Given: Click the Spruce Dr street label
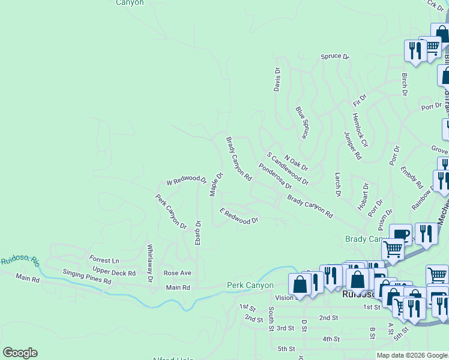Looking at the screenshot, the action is click(334, 56).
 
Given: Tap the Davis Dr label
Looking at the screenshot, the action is click(277, 79).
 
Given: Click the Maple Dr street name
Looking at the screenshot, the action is click(216, 184).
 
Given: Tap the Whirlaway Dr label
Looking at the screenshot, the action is click(150, 263).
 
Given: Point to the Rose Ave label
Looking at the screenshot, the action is click(177, 273).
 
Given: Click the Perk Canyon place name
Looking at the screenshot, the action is click(250, 285).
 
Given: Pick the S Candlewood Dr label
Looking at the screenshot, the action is click(288, 168).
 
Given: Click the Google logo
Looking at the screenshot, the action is click(20, 353).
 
